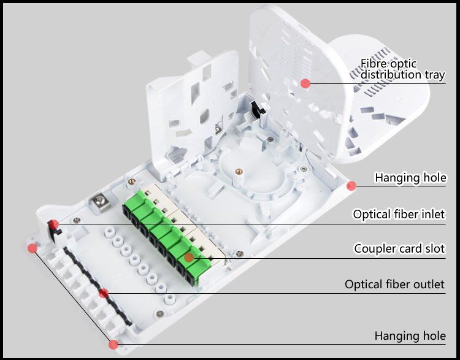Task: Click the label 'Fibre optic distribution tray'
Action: (402, 69)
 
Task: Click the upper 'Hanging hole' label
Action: (410, 178)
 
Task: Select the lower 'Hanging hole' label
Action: (410, 336)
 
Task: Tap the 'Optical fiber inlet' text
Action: (399, 214)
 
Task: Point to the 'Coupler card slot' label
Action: (399, 249)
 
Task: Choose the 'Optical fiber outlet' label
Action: (394, 285)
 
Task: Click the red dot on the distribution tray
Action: (305, 83)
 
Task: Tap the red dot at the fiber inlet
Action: (54, 224)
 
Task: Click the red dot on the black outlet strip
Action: (104, 293)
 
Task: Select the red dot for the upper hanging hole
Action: (351, 185)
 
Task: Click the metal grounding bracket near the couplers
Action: (98, 202)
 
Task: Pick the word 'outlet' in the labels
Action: (429, 285)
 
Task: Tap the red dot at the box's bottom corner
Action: (113, 344)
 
